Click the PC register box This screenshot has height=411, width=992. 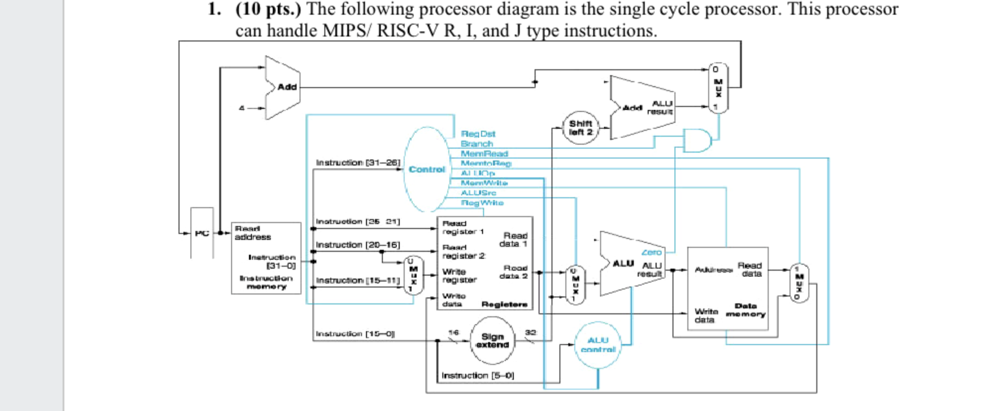[202, 233]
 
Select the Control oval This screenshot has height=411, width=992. [427, 169]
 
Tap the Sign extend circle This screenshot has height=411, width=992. [492, 341]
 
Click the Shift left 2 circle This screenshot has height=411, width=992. [580, 128]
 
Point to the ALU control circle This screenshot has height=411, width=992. [598, 345]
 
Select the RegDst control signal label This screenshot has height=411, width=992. [478, 134]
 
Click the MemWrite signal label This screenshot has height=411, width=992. [484, 183]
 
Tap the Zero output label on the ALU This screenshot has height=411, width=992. [651, 252]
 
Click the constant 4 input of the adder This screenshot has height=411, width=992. [242, 108]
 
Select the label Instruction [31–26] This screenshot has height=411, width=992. [358, 163]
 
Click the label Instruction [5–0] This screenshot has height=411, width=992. [477, 375]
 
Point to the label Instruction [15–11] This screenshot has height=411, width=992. [358, 280]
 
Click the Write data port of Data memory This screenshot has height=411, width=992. [706, 316]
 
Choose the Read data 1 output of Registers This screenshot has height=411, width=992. [513, 240]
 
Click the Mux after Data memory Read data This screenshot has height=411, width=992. [799, 283]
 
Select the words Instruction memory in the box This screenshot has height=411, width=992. [266, 282]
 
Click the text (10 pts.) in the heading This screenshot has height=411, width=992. [268, 9]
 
